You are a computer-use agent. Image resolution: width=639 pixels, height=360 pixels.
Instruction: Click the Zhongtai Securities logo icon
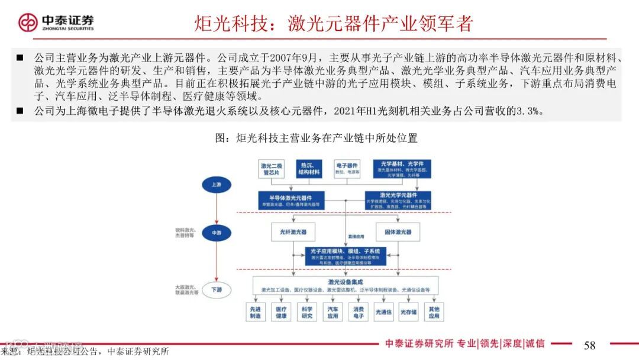tap(28, 22)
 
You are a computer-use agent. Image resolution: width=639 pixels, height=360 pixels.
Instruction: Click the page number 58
tap(589, 345)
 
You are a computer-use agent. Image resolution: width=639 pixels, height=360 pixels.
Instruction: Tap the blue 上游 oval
tap(216, 185)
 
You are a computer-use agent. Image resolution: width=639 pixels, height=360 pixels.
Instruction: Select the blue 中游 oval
tap(216, 233)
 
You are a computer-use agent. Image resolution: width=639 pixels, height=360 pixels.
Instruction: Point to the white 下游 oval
tap(216, 290)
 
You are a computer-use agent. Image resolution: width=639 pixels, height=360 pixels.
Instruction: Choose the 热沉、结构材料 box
tap(310, 169)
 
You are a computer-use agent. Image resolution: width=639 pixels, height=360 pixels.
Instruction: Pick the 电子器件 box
tap(347, 169)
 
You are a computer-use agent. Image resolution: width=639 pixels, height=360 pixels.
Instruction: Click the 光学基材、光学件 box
tap(401, 169)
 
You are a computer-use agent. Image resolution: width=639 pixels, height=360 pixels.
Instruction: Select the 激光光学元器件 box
tap(398, 200)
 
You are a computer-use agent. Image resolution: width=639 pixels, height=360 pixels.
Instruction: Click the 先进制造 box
tap(255, 312)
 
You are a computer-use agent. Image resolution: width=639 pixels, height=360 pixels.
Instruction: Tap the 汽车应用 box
tap(333, 312)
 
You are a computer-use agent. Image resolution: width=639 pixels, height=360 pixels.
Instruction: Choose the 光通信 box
tap(383, 312)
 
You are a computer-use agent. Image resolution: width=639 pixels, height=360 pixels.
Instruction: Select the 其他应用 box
tap(434, 312)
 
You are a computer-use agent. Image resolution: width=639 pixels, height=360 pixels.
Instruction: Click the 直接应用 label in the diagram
tap(356, 236)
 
